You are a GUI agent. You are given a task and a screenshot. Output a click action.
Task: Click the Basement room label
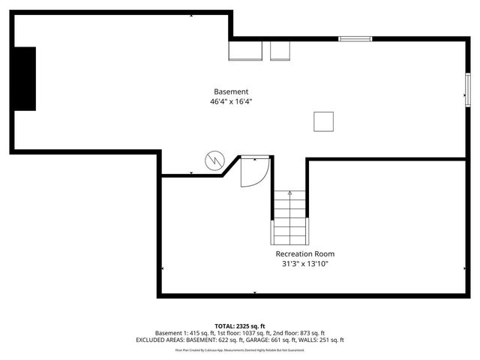coord(231,91)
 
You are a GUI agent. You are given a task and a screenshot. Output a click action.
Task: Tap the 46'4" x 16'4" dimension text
coord(231,102)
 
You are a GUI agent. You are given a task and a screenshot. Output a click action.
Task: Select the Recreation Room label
coord(304,253)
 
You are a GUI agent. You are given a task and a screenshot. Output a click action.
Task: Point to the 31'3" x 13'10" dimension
coord(304,264)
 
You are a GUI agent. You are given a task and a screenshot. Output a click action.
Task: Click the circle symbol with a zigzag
coord(214,160)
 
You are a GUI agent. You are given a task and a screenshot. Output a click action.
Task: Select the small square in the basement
coord(323,121)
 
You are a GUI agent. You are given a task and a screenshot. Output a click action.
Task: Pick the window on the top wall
coord(355,38)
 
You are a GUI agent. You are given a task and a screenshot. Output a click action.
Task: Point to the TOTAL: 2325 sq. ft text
coord(240,325)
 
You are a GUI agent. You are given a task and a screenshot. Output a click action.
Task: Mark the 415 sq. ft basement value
coord(187,332)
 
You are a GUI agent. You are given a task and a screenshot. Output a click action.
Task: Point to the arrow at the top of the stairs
coord(289,193)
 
